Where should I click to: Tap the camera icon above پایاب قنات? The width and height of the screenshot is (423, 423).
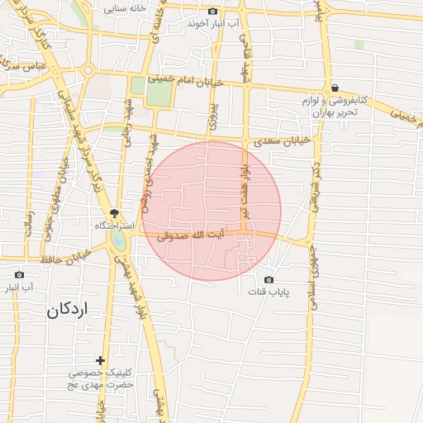click(x=269, y=280)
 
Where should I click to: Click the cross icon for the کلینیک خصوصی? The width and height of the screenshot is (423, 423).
click(x=100, y=360)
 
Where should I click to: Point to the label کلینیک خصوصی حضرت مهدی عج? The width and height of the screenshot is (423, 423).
click(x=102, y=379)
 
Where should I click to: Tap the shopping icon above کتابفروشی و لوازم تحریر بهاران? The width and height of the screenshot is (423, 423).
click(x=335, y=88)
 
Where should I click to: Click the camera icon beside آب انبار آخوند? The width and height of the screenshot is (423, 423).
click(x=214, y=12)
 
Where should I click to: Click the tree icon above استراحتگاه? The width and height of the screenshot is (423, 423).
click(x=116, y=213)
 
